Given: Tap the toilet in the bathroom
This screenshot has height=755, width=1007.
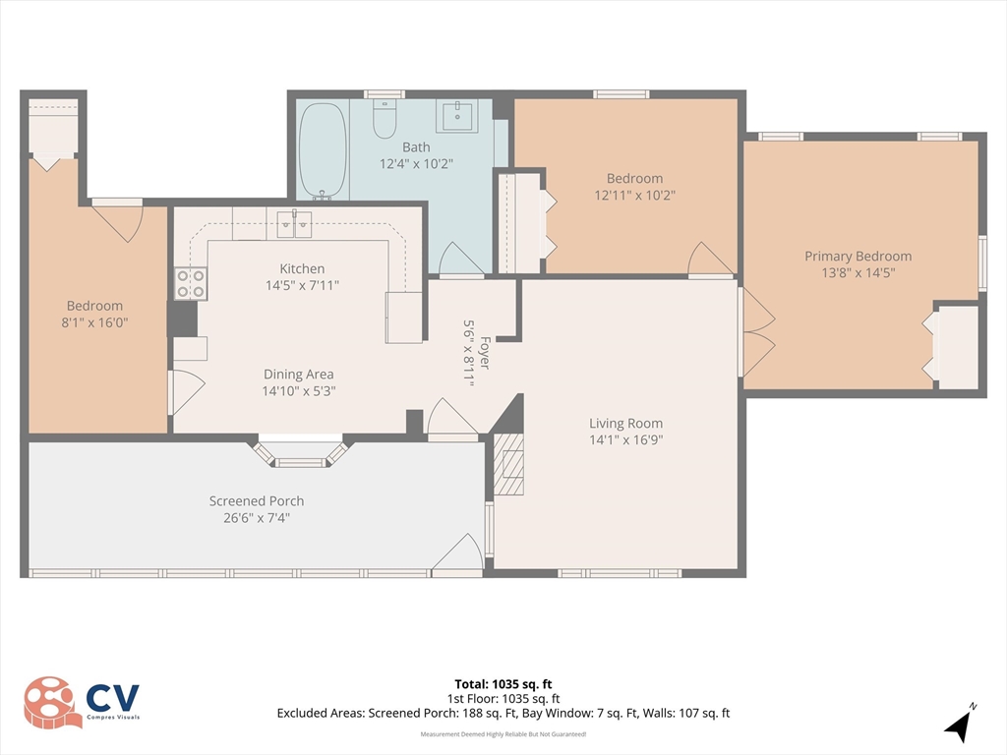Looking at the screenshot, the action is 385,119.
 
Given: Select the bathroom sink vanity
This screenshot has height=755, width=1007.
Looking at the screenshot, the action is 457,116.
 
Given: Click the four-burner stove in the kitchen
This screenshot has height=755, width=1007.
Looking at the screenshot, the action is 191,283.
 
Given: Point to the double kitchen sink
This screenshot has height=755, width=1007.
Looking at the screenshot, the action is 294,225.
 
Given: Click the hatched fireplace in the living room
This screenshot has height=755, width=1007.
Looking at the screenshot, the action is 508,464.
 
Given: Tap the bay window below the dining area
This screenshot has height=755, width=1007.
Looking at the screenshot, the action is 301,451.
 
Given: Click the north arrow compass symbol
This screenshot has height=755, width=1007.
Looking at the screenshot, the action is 960,724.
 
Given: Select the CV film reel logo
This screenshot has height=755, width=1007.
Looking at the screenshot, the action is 54,703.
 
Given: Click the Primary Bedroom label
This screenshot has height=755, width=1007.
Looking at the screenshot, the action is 858,257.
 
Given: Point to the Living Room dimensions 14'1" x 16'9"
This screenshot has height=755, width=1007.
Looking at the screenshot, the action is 626,439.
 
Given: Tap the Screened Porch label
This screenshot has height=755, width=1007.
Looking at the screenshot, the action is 257,500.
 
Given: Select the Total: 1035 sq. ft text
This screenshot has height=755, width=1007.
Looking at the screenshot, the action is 503,684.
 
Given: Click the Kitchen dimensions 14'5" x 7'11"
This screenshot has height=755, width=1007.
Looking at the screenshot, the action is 302,285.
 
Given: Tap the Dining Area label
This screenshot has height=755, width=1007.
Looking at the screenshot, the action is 299,375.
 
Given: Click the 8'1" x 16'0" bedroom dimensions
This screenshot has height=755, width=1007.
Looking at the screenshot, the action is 94,322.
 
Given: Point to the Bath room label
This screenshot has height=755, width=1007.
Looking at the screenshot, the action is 416,147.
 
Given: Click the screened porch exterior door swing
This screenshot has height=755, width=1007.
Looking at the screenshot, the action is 457,552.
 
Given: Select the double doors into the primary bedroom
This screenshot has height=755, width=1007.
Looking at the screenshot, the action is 758,332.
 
